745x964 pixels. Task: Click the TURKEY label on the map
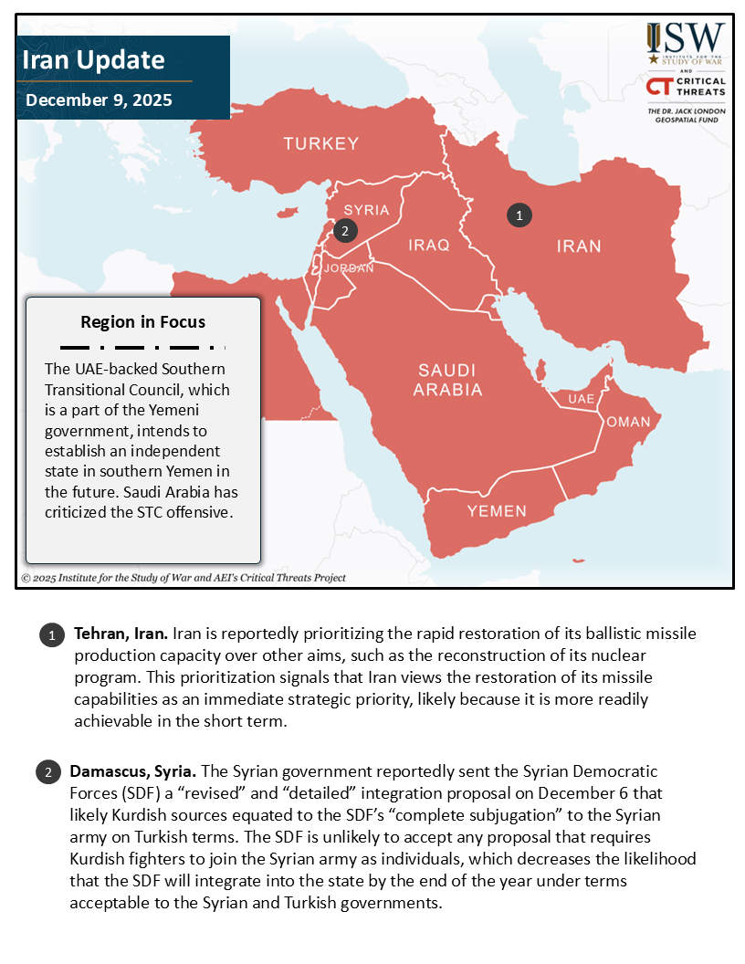pos(320,143)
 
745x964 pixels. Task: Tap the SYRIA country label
pos(366,210)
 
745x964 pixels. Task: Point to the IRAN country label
pos(579,246)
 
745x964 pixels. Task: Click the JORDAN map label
pos(349,268)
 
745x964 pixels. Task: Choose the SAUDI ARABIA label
pos(447,380)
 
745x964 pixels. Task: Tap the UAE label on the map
pos(581,400)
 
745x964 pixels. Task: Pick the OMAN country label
pos(628,422)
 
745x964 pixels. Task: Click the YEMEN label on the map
pos(497,511)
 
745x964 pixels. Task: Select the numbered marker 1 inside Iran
pos(519,215)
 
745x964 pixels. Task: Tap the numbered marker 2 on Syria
pos(344,231)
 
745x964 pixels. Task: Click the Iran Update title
pos(93,61)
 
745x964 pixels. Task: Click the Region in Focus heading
pos(142,322)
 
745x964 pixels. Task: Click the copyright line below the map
pos(184,578)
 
